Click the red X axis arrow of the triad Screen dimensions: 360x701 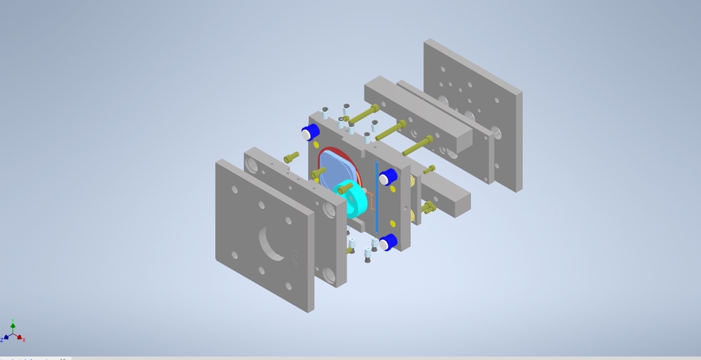23,339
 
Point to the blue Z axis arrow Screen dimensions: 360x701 4,338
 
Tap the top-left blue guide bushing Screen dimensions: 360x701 312,132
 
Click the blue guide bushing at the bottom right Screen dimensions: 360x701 388,242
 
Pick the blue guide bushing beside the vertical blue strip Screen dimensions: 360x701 388,176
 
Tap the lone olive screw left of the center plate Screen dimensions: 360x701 291,156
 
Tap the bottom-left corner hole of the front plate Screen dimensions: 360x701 234,255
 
